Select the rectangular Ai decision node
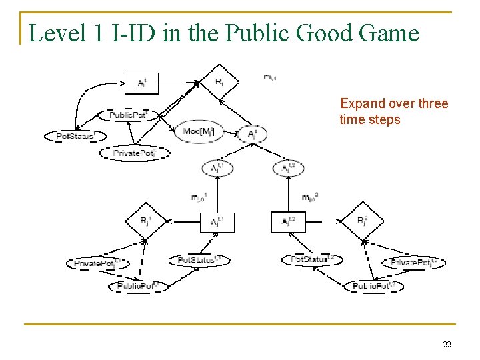(144, 83)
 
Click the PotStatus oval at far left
(74, 137)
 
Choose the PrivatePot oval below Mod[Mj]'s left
(135, 153)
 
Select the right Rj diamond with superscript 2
(363, 221)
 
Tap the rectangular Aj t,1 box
(217, 221)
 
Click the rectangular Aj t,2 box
(288, 221)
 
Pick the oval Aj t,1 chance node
(217, 168)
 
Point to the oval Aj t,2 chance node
(288, 168)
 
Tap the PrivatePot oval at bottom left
(97, 263)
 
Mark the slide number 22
(446, 344)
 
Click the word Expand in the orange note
(363, 103)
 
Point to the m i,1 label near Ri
(270, 78)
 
